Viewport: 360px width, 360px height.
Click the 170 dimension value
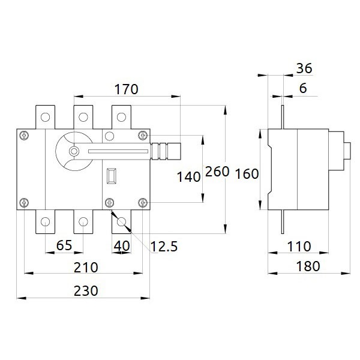click(126, 89)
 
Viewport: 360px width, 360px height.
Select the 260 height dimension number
click(217, 172)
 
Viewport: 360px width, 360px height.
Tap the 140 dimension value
click(189, 177)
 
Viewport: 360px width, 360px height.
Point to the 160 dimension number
click(247, 174)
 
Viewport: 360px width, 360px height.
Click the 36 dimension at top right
click(304, 68)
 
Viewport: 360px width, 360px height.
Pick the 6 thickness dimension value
click(303, 88)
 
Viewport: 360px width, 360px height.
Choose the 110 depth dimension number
click(299, 247)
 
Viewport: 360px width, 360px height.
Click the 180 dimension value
click(308, 266)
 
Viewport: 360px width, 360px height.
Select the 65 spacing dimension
click(64, 245)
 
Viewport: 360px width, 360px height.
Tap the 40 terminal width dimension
click(122, 246)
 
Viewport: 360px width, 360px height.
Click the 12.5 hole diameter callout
click(164, 247)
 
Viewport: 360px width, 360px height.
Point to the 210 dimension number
click(86, 268)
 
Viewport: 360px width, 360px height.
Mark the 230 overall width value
click(86, 291)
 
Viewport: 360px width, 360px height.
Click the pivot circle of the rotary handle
click(74, 151)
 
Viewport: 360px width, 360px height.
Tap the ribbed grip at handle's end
click(166, 151)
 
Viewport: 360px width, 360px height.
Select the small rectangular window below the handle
click(112, 176)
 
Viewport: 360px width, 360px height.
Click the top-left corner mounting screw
click(24, 136)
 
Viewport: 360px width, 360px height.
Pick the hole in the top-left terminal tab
click(45, 117)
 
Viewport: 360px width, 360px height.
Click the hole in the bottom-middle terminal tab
click(83, 222)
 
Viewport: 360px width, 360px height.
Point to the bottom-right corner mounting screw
click(143, 203)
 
